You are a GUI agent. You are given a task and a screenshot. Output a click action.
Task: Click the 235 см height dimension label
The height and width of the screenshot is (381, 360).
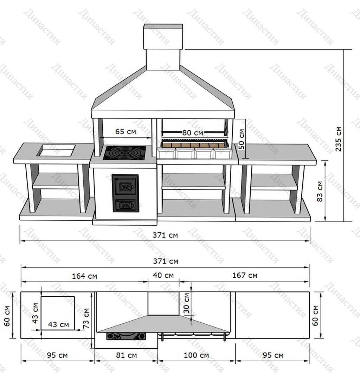tap(338, 139)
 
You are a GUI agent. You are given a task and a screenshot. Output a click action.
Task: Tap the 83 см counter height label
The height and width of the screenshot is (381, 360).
tap(320, 191)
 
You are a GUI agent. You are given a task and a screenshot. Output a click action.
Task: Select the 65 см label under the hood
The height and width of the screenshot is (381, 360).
tap(126, 131)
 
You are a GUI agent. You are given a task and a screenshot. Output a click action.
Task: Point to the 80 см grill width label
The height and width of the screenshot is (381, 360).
tap(193, 133)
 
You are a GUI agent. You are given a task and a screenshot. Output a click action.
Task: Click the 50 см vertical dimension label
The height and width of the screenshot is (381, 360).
tap(241, 139)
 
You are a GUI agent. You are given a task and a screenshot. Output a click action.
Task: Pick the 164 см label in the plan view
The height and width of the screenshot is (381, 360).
tap(84, 276)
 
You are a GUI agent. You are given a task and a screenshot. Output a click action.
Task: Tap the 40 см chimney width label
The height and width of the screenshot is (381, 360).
tap(163, 275)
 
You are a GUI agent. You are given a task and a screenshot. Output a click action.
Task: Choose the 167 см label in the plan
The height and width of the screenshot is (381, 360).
tap(245, 275)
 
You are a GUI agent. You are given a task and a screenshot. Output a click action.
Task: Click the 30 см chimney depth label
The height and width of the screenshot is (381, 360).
tap(186, 303)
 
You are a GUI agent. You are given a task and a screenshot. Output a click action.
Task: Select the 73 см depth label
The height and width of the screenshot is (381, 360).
tap(86, 318)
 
